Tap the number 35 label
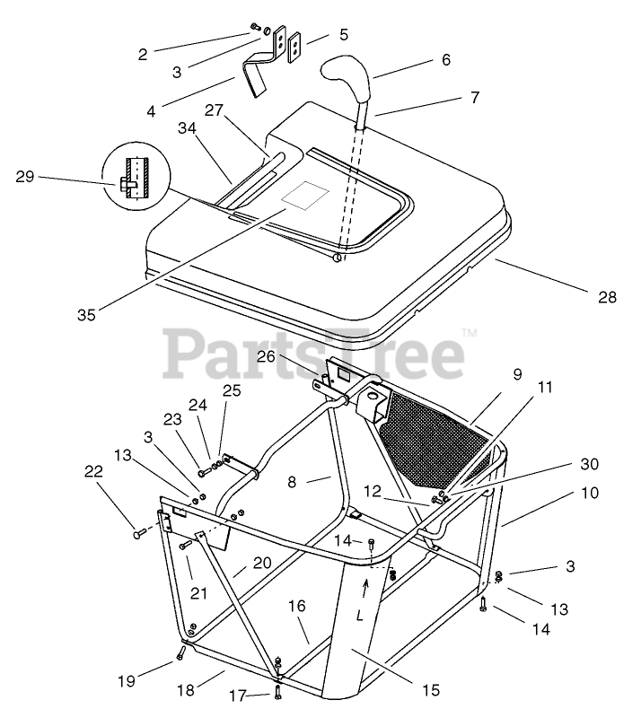[87, 315]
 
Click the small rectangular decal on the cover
[303, 197]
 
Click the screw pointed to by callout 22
[140, 533]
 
